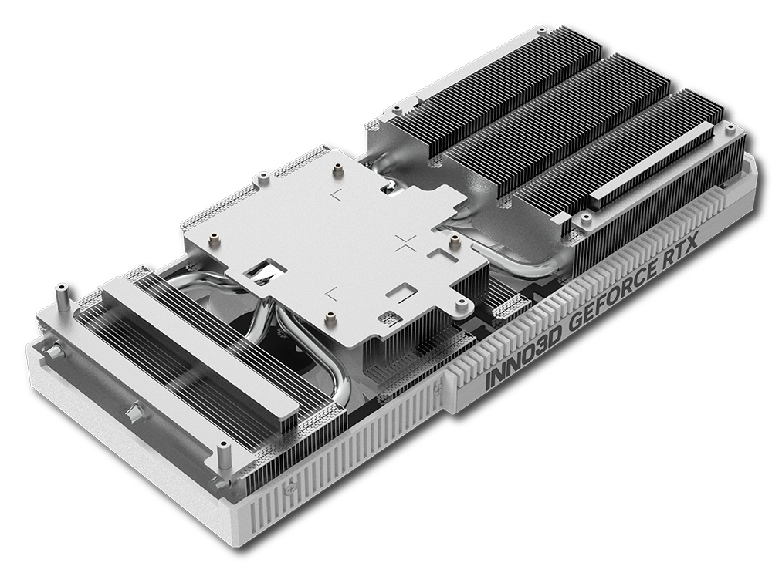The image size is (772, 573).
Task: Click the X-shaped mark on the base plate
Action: [x=405, y=245]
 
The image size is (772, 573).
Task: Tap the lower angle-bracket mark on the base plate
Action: [x=331, y=292]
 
